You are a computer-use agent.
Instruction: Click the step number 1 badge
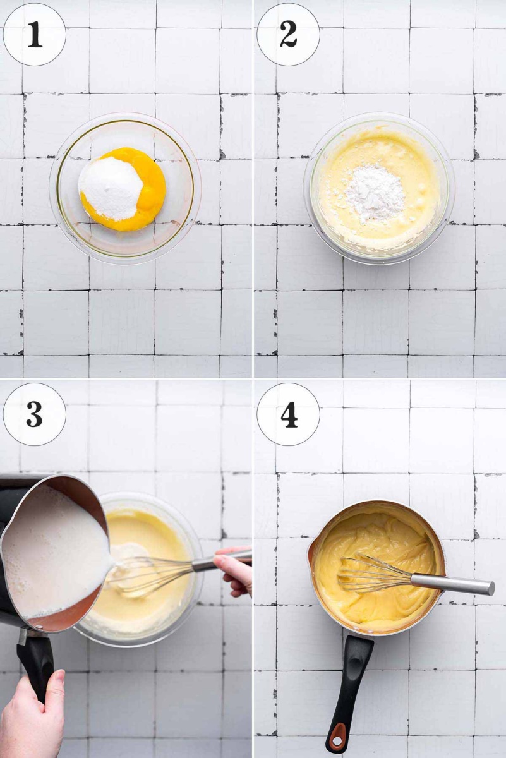tap(34, 35)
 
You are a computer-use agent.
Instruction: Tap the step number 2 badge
tap(288, 35)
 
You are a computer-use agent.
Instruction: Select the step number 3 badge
tap(34, 414)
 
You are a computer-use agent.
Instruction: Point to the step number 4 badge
tap(288, 414)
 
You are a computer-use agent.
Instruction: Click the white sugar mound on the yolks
tap(111, 188)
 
